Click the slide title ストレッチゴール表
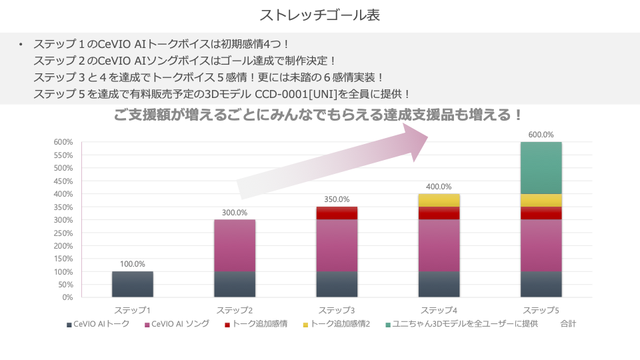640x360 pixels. click(319, 15)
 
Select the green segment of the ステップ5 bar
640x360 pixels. click(541, 168)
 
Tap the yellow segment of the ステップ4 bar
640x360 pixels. click(439, 200)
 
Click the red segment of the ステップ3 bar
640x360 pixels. click(337, 213)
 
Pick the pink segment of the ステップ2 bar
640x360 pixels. click(235, 245)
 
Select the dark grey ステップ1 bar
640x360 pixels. click(133, 284)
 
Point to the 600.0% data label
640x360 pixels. click(541, 135)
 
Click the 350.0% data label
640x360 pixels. click(337, 199)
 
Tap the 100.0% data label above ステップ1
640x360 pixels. click(133, 264)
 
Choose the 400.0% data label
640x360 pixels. click(439, 187)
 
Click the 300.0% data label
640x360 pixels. click(235, 213)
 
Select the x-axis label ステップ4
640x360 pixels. click(439, 311)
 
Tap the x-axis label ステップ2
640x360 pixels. click(235, 311)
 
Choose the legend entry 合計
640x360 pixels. click(568, 324)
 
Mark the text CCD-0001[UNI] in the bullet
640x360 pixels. click(303, 94)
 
